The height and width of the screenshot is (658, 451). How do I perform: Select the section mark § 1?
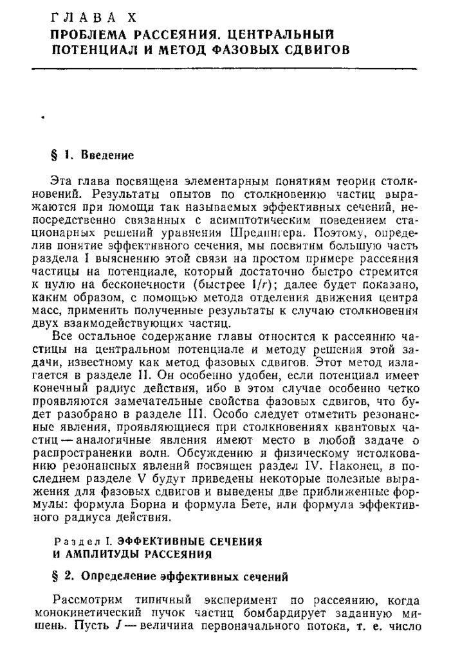pos(59,155)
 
